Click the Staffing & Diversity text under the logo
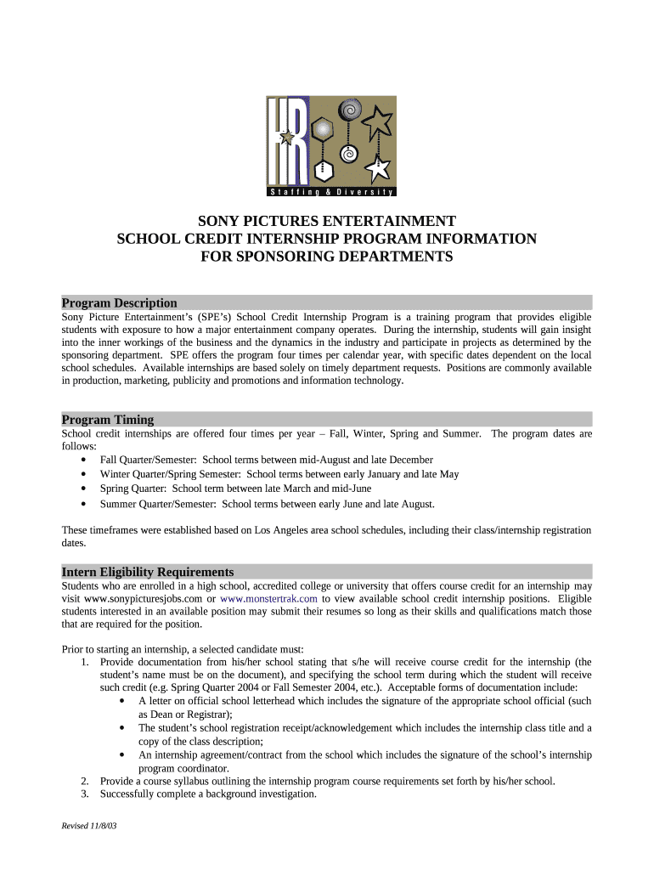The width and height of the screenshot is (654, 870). pyautogui.click(x=327, y=189)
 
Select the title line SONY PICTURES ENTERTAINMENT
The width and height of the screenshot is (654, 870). pyautogui.click(x=327, y=220)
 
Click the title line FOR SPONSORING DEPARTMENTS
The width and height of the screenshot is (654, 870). pyautogui.click(x=327, y=257)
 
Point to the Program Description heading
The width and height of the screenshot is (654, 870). pyautogui.click(x=120, y=302)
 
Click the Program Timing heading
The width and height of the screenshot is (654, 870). pyautogui.click(x=108, y=419)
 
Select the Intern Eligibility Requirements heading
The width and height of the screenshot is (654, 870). pyautogui.click(x=148, y=572)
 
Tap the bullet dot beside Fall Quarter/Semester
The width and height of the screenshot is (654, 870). pyautogui.click(x=82, y=460)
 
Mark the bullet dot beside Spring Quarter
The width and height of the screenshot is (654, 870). pyautogui.click(x=82, y=489)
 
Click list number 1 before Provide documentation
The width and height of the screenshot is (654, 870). pyautogui.click(x=85, y=662)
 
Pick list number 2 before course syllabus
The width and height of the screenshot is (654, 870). pyautogui.click(x=85, y=781)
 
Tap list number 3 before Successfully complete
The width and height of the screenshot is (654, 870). pyautogui.click(x=85, y=794)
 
